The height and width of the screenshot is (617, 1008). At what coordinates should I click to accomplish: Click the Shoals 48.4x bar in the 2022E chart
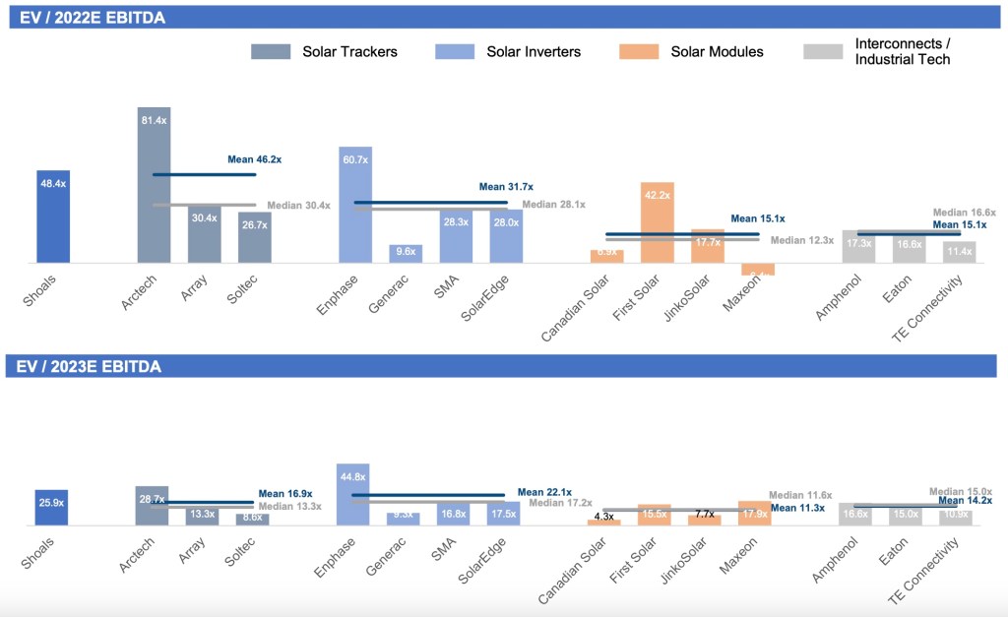[53, 216]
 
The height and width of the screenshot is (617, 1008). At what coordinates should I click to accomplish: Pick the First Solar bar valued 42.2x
[657, 222]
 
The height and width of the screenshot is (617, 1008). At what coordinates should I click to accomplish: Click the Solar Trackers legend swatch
[273, 51]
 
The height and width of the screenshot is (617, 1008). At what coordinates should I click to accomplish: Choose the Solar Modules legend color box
[642, 51]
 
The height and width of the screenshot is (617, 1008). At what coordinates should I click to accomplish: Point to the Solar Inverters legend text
[534, 51]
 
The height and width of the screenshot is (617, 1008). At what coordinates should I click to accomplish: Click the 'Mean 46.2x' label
[254, 158]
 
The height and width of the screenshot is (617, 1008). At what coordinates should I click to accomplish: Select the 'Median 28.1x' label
[553, 205]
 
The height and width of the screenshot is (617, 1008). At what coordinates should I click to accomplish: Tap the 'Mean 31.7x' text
[506, 186]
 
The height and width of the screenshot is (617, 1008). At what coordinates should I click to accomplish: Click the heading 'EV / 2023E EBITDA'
[90, 366]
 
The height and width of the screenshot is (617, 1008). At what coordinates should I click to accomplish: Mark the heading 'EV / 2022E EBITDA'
[90, 19]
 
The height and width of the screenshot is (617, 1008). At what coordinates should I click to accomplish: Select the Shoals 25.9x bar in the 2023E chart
[51, 509]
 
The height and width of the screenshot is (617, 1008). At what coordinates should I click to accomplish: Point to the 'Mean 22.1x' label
[544, 492]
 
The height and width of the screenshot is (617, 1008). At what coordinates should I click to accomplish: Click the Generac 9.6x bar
[406, 254]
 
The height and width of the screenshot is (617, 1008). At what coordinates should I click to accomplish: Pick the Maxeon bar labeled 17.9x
[754, 514]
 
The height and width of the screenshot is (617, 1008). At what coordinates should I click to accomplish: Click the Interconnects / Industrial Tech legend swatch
[823, 51]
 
